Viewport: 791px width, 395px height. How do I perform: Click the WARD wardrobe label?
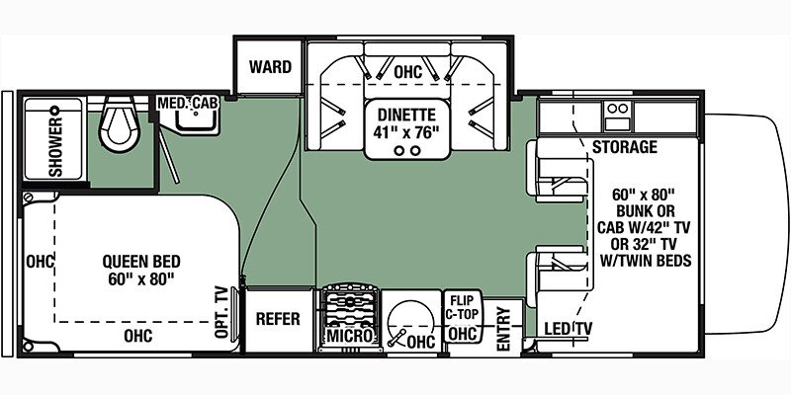[x=270, y=68]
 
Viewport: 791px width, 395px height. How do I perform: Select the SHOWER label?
[x=54, y=146]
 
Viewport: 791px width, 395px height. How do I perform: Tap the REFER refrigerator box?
[x=278, y=319]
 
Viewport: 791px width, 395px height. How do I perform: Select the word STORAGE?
[x=625, y=147]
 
